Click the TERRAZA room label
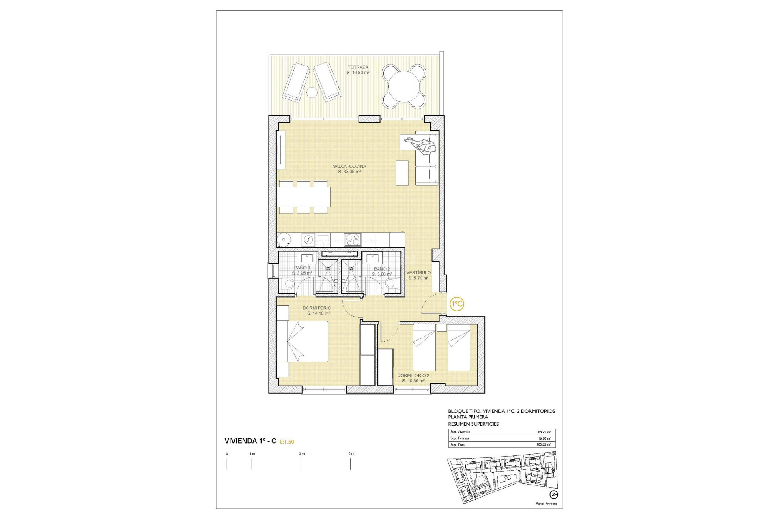pyautogui.click(x=357, y=67)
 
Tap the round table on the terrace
pyautogui.click(x=404, y=87)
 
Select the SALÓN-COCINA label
pyautogui.click(x=349, y=166)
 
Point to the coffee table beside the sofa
pyautogui.click(x=402, y=173)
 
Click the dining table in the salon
pyautogui.click(x=304, y=197)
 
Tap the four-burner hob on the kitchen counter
pyautogui.click(x=353, y=239)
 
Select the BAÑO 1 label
pyautogui.click(x=302, y=268)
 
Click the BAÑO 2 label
pyautogui.click(x=382, y=269)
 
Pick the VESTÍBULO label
pyautogui.click(x=419, y=272)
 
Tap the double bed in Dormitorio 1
pyautogui.click(x=302, y=341)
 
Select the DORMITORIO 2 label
pyautogui.click(x=413, y=375)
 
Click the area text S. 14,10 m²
pyautogui.click(x=318, y=313)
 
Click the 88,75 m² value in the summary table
pyautogui.click(x=544, y=432)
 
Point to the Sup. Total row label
pyautogui.click(x=458, y=445)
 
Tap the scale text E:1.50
pyautogui.click(x=287, y=442)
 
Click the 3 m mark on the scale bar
pyautogui.click(x=301, y=454)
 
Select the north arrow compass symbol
pyautogui.click(x=553, y=494)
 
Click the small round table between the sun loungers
pyautogui.click(x=312, y=92)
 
